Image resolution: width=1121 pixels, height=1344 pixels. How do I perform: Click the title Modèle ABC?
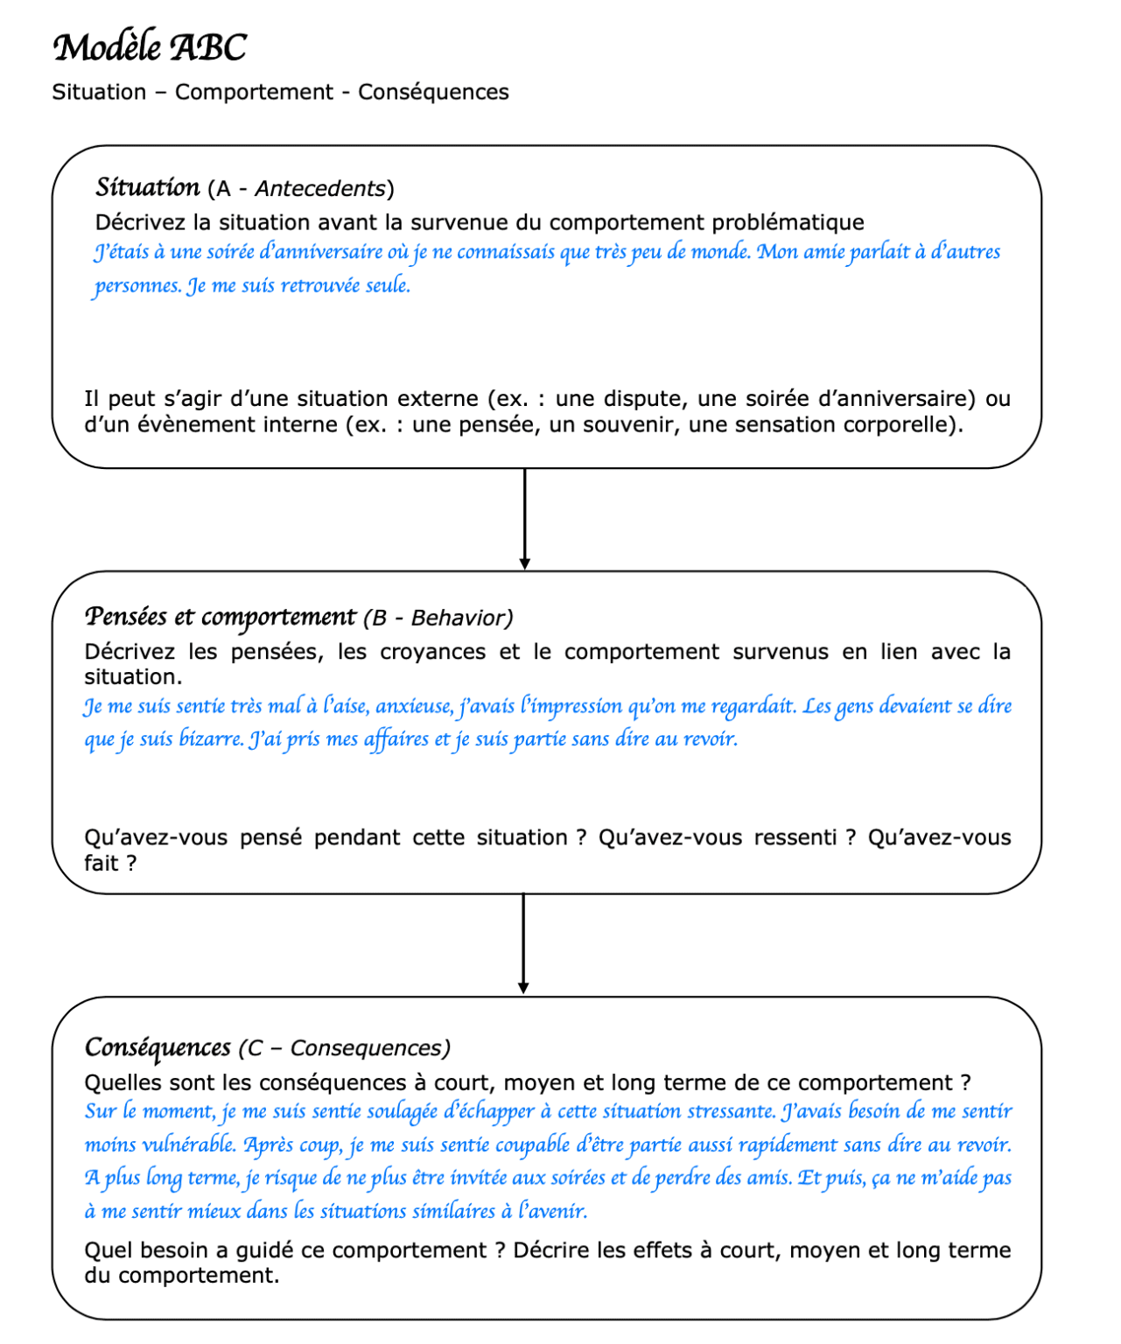pyautogui.click(x=150, y=47)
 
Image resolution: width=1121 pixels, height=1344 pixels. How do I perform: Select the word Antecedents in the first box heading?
pyautogui.click(x=320, y=189)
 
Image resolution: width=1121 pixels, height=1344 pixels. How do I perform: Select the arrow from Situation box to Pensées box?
pyautogui.click(x=524, y=520)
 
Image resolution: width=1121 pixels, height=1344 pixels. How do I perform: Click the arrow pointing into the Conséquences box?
pyautogui.click(x=523, y=945)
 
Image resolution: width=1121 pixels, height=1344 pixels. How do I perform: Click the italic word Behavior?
pyautogui.click(x=460, y=619)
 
